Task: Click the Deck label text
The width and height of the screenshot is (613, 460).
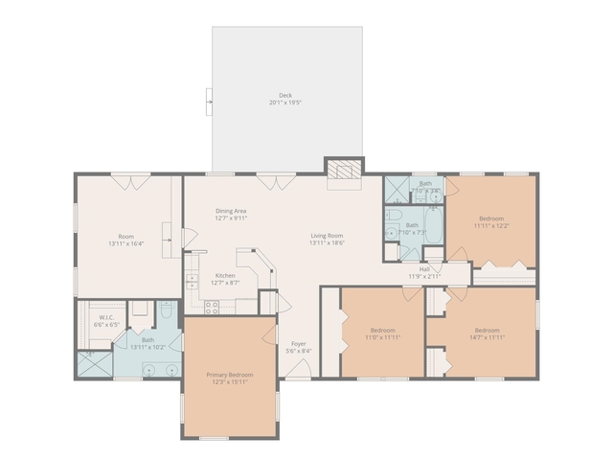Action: click(284, 95)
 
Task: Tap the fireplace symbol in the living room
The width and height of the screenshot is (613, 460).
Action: click(344, 171)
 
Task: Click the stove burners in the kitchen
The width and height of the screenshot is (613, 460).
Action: click(212, 307)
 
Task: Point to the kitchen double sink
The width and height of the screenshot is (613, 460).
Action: click(191, 281)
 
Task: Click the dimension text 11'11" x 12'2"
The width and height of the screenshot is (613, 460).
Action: click(490, 226)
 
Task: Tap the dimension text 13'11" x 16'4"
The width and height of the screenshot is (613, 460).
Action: click(126, 244)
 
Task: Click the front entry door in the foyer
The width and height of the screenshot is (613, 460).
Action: click(299, 377)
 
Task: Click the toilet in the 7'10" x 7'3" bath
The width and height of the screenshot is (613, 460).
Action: click(393, 233)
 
